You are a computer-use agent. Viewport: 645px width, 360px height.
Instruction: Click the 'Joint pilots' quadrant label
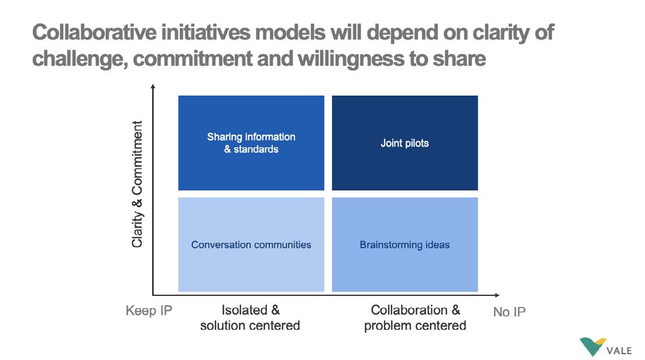[404, 143]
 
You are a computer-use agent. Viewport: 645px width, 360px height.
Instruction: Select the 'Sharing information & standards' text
[251, 143]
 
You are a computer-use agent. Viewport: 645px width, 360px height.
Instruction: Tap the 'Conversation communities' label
[251, 245]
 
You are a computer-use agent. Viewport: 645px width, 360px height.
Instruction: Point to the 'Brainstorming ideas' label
[404, 245]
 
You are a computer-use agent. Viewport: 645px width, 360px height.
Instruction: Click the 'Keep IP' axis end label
[149, 310]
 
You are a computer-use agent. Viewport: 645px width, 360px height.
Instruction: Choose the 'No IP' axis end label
[509, 312]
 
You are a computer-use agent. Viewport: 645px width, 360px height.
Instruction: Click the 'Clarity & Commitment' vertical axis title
[137, 184]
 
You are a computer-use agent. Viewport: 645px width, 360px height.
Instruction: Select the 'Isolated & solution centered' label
[250, 317]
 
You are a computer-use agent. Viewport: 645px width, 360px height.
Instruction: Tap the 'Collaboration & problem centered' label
[415, 317]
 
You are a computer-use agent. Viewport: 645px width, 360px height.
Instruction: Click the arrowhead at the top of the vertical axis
[153, 86]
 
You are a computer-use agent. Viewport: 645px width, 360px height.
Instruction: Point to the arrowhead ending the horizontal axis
[497, 295]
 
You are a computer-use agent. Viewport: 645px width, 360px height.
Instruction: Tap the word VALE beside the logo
[619, 351]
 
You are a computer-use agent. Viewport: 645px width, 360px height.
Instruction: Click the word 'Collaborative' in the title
[94, 32]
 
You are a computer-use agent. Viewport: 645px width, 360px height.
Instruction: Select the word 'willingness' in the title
[351, 59]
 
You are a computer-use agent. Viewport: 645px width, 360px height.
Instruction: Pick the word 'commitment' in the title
[192, 59]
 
